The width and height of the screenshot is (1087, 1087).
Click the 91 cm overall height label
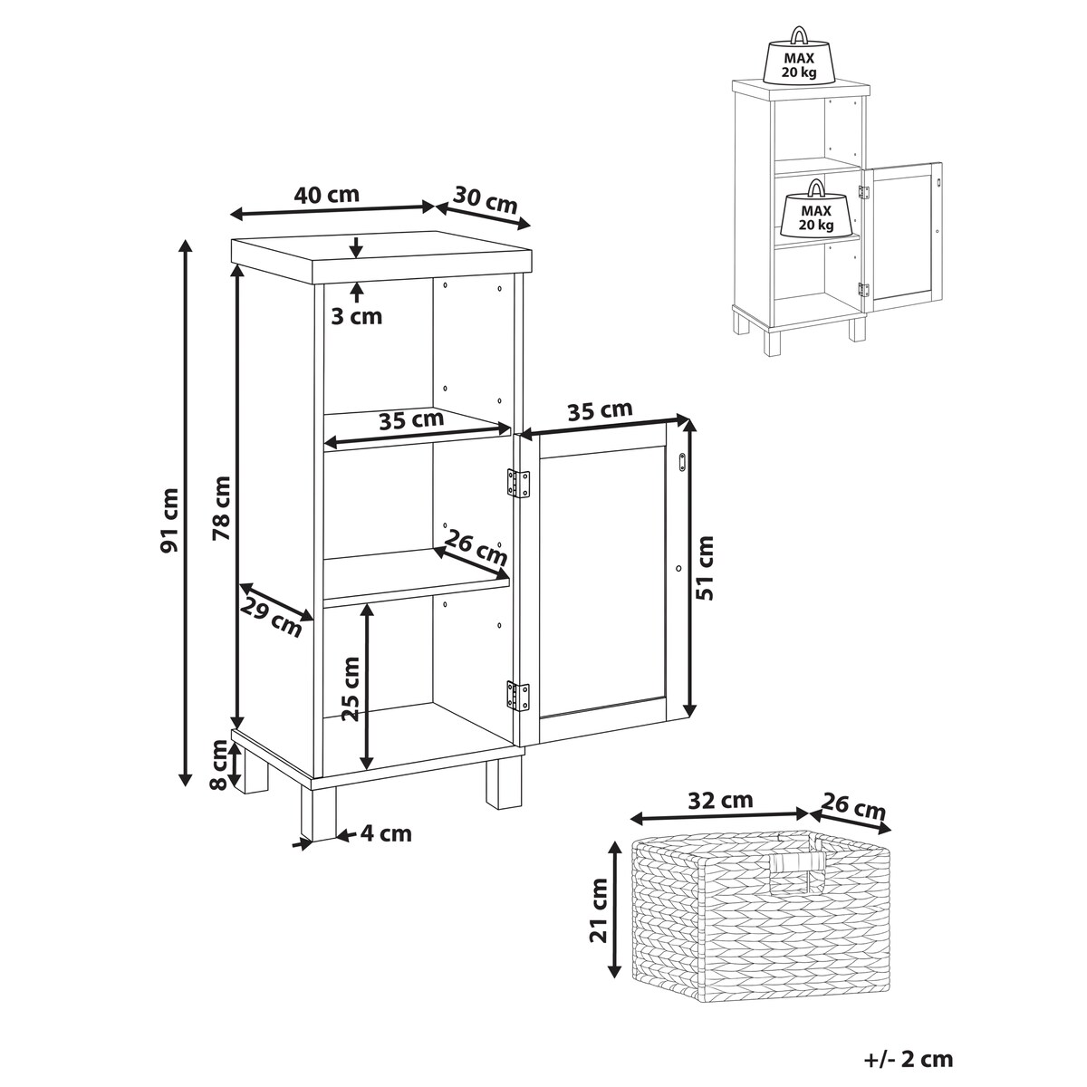pyautogui.click(x=169, y=520)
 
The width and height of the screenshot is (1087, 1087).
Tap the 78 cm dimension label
pyautogui.click(x=222, y=507)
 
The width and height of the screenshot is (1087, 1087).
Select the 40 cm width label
pyautogui.click(x=326, y=195)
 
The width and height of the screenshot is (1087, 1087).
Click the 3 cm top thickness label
pyautogui.click(x=357, y=316)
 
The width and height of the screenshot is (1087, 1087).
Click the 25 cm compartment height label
pyautogui.click(x=351, y=688)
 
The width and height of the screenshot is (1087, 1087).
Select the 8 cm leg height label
pyautogui.click(x=220, y=765)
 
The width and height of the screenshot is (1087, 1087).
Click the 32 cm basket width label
pyautogui.click(x=720, y=800)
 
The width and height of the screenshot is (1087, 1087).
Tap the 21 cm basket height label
pyautogui.click(x=599, y=909)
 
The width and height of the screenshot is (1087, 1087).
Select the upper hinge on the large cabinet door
pyautogui.click(x=518, y=484)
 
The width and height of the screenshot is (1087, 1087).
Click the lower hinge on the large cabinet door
pyautogui.click(x=518, y=696)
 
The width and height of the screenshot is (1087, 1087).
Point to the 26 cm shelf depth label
pyautogui.click(x=476, y=548)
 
